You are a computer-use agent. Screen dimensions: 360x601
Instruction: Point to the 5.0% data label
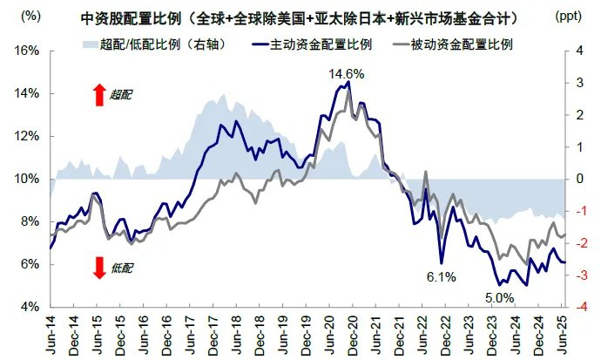point(499,298)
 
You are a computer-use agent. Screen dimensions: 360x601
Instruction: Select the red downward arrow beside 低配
point(98,268)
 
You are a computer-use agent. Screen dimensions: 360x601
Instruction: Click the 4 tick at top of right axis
point(579,51)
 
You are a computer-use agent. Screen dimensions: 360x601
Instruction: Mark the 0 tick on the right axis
point(579,179)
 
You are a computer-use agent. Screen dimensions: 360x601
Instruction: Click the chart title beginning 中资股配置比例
point(301,17)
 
